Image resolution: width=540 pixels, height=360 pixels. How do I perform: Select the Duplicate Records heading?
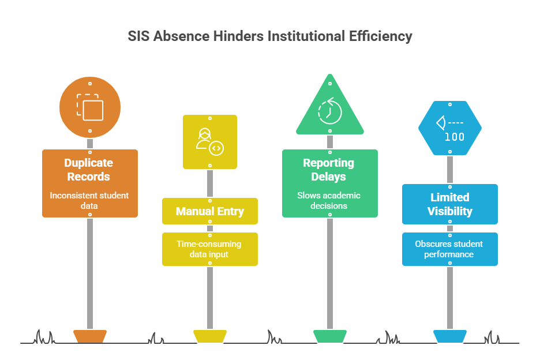[89, 170]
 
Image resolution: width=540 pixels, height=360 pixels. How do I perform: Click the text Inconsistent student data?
[89, 200]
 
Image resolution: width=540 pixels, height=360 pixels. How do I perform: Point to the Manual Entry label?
[210, 211]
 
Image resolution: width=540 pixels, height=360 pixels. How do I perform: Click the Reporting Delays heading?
[329, 170]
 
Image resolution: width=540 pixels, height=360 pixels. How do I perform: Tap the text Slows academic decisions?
[329, 200]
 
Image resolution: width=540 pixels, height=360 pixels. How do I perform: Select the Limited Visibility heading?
[449, 204]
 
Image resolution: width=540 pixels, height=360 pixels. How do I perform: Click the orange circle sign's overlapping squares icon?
[90, 107]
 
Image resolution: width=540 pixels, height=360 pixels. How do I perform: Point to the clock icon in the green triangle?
[330, 110]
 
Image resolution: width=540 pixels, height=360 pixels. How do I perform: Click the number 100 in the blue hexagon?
[455, 137]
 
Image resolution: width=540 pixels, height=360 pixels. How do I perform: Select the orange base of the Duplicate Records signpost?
[90, 335]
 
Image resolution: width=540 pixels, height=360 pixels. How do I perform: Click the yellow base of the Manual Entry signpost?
[210, 335]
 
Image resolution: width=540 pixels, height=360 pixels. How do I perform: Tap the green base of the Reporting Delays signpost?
[330, 335]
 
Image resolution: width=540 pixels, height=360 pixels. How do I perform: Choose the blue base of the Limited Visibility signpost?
[450, 335]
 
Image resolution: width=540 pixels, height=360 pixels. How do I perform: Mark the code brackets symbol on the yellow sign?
[216, 148]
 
